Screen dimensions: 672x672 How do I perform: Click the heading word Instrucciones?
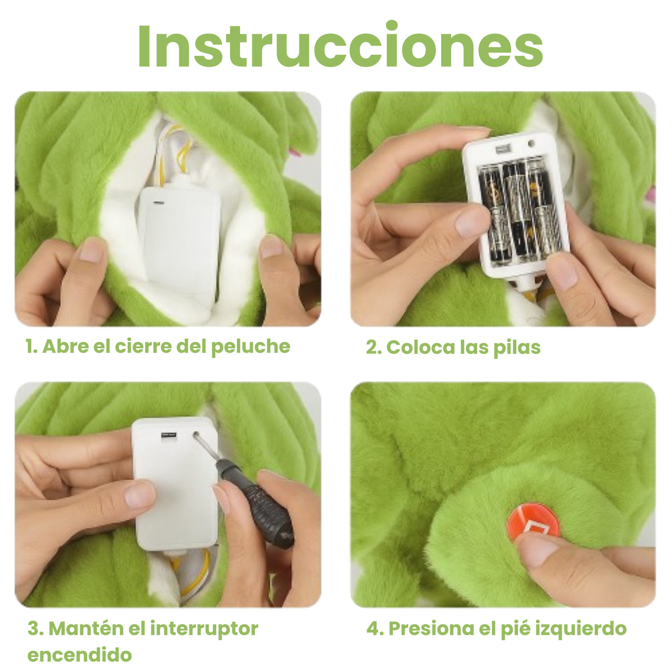[340, 46]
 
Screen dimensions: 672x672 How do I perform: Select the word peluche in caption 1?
[250, 347]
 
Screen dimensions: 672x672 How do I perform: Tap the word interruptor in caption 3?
[204, 629]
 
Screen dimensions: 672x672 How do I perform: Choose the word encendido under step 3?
[80, 655]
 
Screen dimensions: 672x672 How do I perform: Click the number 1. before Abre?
[31, 346]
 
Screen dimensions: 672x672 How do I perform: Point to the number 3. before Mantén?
[35, 629]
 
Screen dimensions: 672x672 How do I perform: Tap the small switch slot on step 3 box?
[169, 435]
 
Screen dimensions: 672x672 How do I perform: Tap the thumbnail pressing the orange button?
[538, 550]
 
